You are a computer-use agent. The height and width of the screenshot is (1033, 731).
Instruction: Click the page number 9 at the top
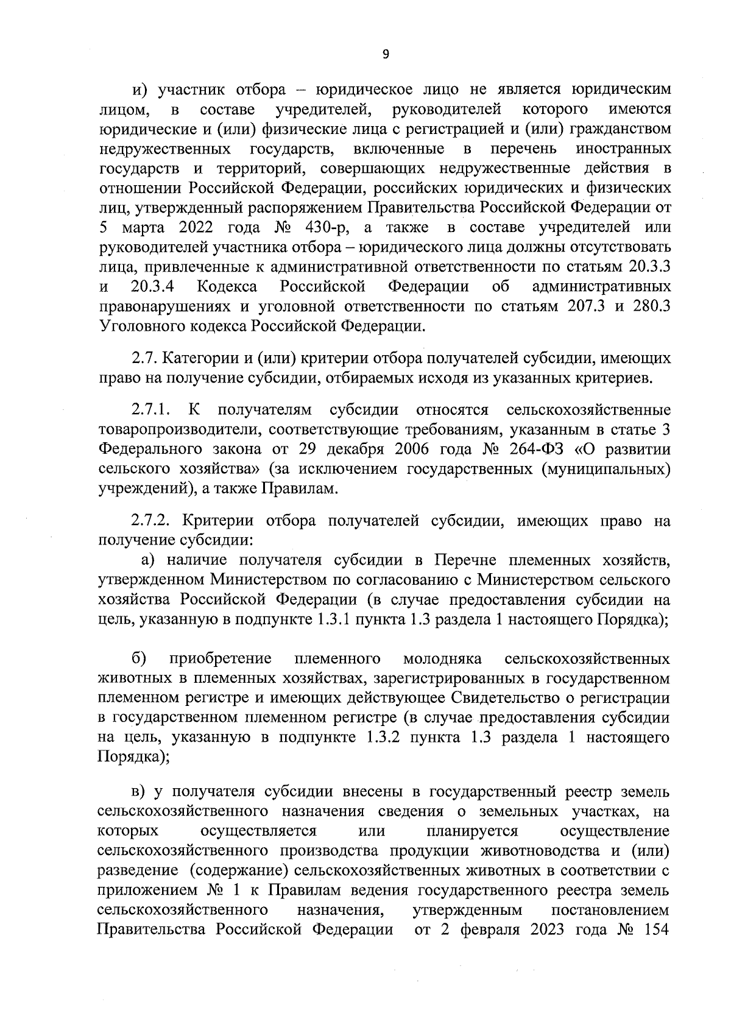click(x=385, y=54)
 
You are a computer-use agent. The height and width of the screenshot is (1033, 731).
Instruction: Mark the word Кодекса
click(x=227, y=286)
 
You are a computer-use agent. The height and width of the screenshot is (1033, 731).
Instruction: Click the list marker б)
click(x=138, y=659)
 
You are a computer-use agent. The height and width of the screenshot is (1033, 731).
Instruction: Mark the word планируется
click(x=471, y=831)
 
